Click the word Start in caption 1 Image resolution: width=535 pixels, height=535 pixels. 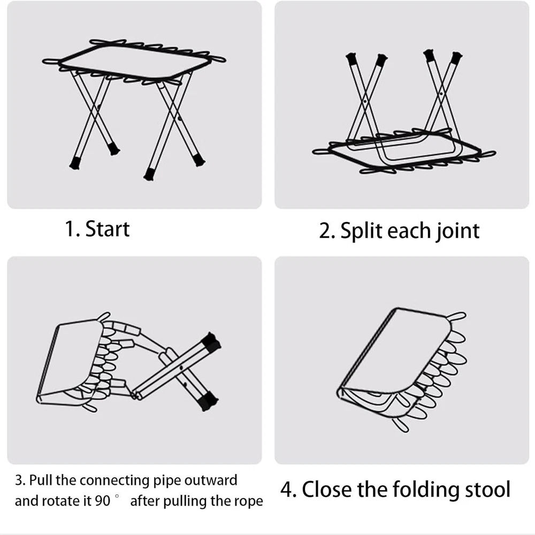pos(108,228)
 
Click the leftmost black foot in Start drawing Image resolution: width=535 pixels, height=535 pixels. pos(75,163)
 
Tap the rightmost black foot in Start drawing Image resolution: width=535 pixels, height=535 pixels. pos(198,159)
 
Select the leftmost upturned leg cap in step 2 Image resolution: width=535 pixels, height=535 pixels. pos(351,58)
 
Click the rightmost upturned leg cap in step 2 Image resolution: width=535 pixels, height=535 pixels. pos(455,58)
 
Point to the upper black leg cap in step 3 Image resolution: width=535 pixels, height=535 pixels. pos(211,342)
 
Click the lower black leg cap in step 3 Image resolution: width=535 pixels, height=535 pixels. pos(207,400)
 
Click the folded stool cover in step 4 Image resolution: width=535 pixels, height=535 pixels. pos(396,353)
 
